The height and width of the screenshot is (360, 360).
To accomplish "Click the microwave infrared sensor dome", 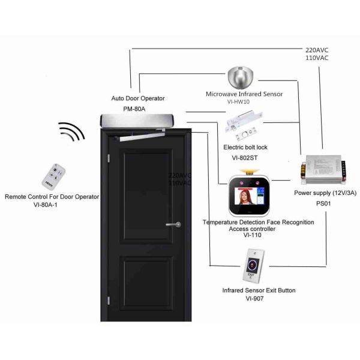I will (x=241, y=76).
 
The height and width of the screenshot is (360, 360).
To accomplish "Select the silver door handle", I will (x=173, y=225).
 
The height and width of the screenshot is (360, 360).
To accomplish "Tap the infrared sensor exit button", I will (x=252, y=266).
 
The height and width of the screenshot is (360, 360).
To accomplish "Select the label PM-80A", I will (x=134, y=109).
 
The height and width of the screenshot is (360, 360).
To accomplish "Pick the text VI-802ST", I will (x=244, y=157).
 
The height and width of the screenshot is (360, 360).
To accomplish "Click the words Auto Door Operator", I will (x=138, y=98).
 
